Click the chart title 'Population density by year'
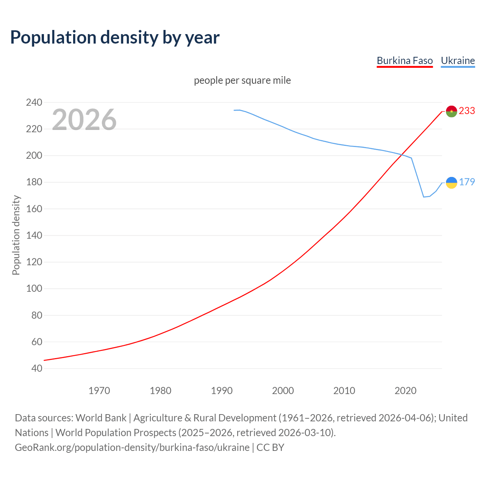click(115, 38)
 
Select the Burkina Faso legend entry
click(405, 61)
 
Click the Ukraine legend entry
click(458, 61)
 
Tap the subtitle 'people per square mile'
click(242, 81)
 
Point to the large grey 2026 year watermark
click(84, 120)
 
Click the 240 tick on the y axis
click(34, 102)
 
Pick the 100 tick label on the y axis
click(34, 289)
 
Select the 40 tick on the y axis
click(36, 368)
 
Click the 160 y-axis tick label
click(34, 209)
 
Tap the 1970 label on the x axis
click(99, 391)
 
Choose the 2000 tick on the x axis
click(283, 391)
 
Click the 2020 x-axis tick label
click(405, 391)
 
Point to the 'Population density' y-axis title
click(16, 235)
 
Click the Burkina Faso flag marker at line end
click(451, 111)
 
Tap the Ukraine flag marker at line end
click(451, 183)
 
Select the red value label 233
click(467, 111)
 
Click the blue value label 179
click(467, 182)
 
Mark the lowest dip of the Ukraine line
click(424, 197)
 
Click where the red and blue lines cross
click(402, 154)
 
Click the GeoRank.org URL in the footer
click(132, 447)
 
